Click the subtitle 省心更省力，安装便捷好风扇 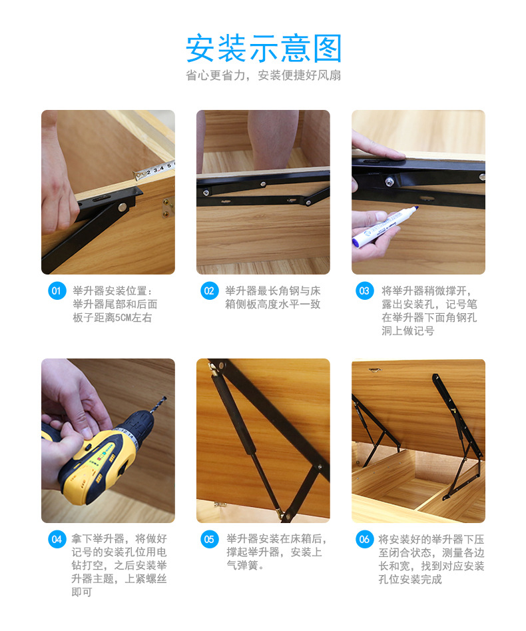pos(263,76)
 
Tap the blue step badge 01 pos(57,291)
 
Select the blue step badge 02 pos(210,291)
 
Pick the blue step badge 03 pos(364,291)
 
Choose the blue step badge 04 pos(57,539)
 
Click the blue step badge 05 pos(210,539)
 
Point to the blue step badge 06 pos(364,539)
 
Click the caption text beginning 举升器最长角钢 pos(272,297)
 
